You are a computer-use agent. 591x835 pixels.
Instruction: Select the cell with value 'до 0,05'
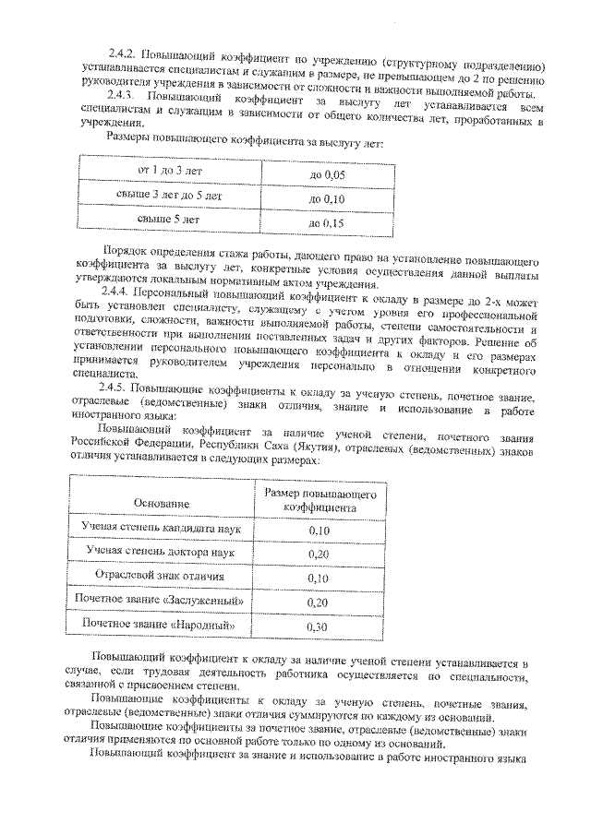(326, 173)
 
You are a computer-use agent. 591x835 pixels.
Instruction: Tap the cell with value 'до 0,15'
(326, 222)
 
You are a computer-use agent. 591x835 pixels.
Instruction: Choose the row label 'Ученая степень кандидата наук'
(161, 530)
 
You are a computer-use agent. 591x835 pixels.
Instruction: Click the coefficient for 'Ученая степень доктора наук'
(320, 553)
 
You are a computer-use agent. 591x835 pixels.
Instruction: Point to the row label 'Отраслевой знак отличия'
(161, 577)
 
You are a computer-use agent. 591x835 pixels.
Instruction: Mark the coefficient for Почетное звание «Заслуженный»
(320, 602)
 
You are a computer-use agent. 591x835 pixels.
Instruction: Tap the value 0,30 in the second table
(320, 626)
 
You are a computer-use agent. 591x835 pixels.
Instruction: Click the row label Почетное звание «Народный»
(161, 626)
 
